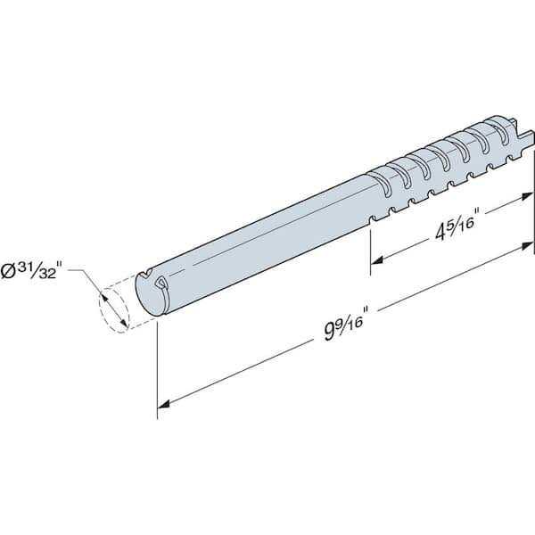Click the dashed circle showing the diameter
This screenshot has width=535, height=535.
click(x=113, y=308)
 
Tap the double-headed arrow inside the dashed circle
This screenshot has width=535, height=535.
click(x=113, y=308)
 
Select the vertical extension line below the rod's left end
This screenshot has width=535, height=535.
click(x=158, y=366)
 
